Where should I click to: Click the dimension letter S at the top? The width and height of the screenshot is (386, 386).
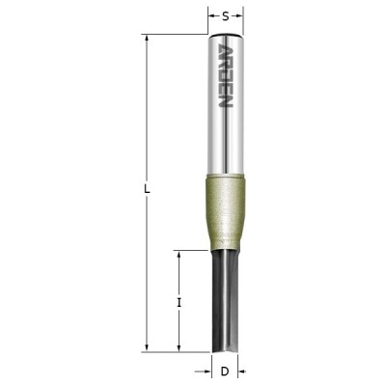226,16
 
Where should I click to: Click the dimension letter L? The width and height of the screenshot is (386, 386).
147,189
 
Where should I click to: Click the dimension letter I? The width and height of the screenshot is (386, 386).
179,302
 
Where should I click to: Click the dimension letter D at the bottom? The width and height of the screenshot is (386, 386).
225,372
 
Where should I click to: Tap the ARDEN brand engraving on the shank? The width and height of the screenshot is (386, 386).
226,76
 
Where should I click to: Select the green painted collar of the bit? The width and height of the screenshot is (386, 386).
226,211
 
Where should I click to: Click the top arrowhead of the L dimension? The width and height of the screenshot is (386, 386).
147,39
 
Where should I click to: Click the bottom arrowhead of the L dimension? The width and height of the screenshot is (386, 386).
147,348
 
